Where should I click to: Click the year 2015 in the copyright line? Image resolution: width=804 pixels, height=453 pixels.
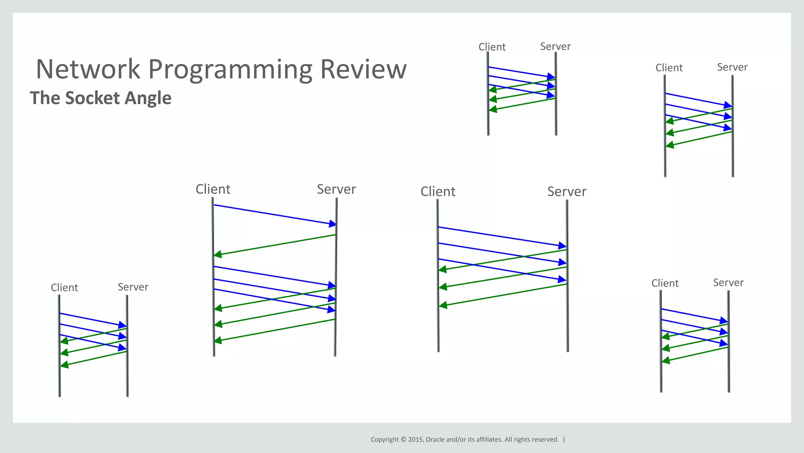[415, 440]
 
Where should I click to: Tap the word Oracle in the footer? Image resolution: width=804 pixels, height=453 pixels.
[435, 440]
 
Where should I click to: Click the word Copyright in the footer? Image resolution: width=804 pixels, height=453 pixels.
[385, 440]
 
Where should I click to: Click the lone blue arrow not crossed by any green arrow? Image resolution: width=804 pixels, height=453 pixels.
[275, 215]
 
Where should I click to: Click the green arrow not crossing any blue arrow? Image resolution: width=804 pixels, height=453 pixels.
[275, 245]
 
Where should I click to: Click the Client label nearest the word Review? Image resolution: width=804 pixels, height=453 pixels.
[492, 47]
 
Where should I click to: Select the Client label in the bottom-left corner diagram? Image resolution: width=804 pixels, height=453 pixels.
[64, 288]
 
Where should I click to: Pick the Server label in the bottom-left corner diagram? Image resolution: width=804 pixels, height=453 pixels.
[133, 287]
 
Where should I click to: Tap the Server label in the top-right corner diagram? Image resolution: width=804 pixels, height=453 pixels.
[732, 67]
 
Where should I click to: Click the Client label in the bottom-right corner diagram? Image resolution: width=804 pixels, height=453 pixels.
[665, 284]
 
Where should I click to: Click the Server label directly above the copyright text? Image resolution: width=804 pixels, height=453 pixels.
[566, 192]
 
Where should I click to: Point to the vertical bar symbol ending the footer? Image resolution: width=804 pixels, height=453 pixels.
[564, 440]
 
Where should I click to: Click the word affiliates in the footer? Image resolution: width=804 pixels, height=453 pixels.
[489, 440]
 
